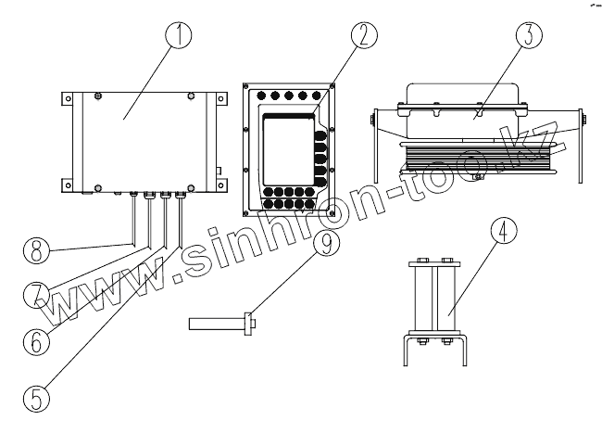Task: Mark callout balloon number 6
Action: pos(34,340)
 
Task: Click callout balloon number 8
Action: pos(36,250)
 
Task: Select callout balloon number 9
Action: pos(325,243)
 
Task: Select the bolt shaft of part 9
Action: pos(217,325)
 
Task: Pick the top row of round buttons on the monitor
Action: pos(288,95)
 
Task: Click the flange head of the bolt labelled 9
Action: pos(248,325)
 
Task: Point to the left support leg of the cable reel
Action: pos(375,148)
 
